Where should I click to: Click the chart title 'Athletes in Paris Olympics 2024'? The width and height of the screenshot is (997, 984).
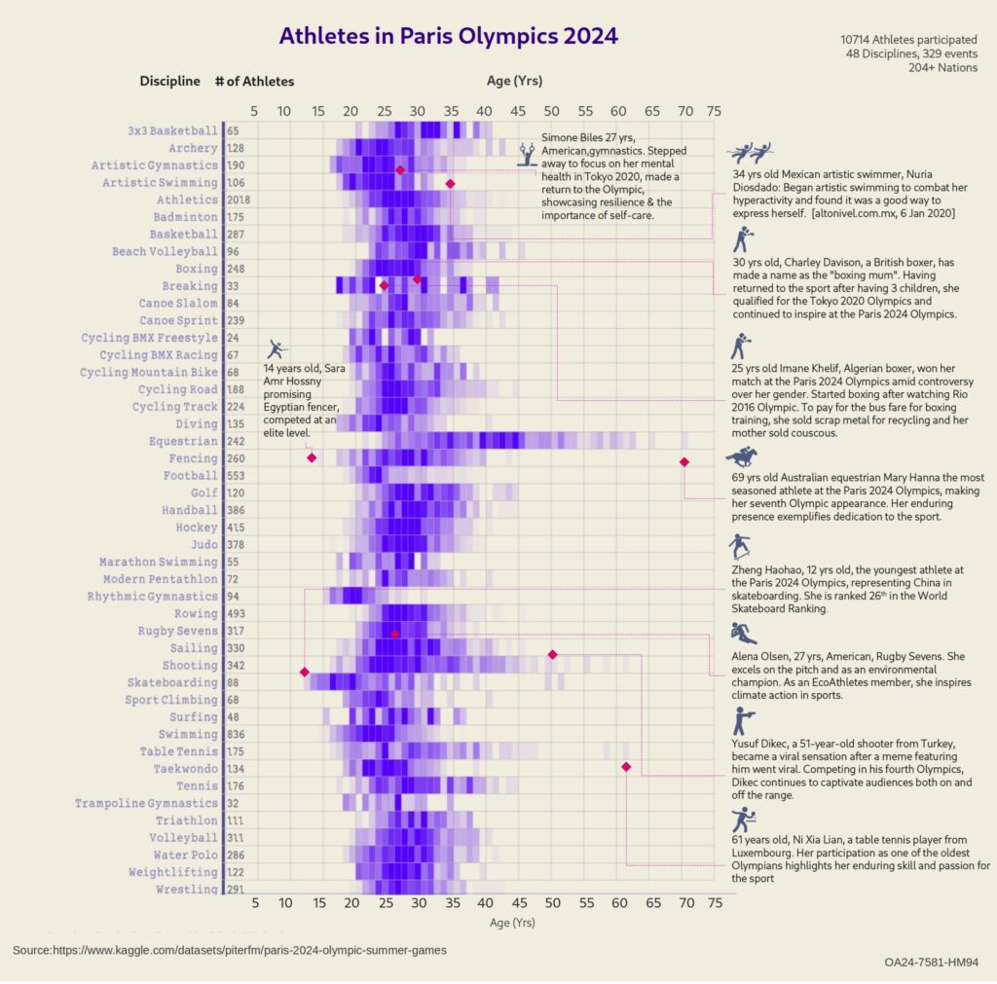pyautogui.click(x=448, y=37)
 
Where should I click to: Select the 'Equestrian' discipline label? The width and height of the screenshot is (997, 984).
pyautogui.click(x=185, y=441)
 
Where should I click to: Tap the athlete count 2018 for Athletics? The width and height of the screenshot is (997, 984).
pyautogui.click(x=238, y=200)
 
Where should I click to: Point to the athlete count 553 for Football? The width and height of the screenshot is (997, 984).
pyautogui.click(x=236, y=476)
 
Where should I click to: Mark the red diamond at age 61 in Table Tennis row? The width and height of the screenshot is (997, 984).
pyautogui.click(x=626, y=768)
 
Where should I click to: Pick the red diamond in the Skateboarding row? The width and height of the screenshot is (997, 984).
pyautogui.click(x=305, y=673)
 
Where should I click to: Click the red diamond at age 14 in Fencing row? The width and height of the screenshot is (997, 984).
pyautogui.click(x=312, y=457)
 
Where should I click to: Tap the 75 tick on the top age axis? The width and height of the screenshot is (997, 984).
pyautogui.click(x=715, y=110)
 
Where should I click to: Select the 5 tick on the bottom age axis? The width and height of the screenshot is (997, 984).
pyautogui.click(x=255, y=903)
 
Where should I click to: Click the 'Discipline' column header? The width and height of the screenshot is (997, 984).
pyautogui.click(x=169, y=82)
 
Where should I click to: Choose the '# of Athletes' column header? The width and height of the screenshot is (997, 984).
pyautogui.click(x=254, y=82)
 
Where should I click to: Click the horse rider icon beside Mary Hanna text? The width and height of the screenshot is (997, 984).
pyautogui.click(x=745, y=456)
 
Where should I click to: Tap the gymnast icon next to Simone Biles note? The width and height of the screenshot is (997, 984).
pyautogui.click(x=527, y=154)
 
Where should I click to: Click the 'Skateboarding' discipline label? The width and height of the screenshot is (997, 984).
pyautogui.click(x=171, y=682)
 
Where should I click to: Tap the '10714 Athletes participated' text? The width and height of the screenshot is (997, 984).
pyautogui.click(x=908, y=40)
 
